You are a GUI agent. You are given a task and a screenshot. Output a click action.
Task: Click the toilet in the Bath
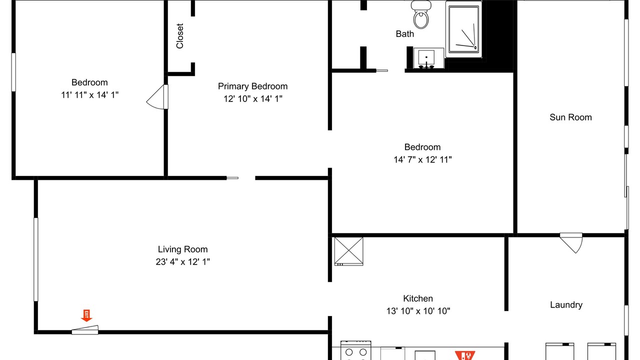point(421,14)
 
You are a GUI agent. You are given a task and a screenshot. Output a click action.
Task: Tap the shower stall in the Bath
point(463,29)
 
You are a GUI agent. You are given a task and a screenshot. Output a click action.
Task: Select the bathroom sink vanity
point(428,58)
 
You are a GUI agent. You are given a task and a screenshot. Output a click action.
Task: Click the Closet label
point(179,36)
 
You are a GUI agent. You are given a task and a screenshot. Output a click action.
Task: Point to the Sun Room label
point(570,117)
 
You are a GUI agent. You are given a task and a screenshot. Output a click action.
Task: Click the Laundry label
point(566,305)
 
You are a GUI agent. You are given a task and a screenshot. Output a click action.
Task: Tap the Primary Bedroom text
point(252,86)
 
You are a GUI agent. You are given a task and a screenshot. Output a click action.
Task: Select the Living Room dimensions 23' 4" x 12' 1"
point(183,261)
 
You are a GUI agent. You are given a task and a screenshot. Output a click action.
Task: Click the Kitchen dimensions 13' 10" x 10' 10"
point(418,311)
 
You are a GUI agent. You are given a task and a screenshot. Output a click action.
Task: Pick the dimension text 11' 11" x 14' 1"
point(89,95)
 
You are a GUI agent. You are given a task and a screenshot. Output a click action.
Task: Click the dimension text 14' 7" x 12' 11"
point(422,159)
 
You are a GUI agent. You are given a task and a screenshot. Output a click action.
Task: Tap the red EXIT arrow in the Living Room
point(86,315)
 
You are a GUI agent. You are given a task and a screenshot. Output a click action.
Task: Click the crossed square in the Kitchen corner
point(349,251)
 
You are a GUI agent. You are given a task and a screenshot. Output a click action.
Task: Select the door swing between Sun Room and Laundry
point(571,243)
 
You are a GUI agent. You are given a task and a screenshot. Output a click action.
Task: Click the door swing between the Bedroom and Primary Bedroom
point(157,97)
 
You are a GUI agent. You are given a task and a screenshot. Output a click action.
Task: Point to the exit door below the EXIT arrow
point(85,330)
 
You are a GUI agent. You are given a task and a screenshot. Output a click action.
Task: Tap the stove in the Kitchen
point(355,350)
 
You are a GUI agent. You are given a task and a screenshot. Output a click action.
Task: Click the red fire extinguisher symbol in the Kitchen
point(465,355)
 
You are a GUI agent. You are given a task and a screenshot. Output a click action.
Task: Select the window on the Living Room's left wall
point(36,259)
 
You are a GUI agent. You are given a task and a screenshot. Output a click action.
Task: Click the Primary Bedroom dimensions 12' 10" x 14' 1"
point(253,99)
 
